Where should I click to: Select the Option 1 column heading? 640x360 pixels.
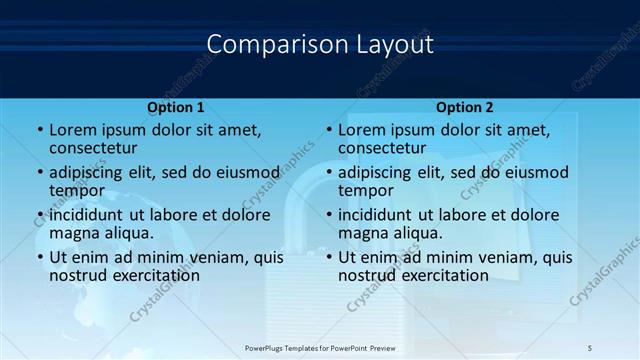(175, 107)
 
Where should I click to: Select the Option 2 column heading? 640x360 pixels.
(464, 107)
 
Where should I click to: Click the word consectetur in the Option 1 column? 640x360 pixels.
(99, 148)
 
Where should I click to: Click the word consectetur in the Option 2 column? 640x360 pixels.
(388, 148)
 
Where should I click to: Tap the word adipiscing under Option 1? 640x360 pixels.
(91, 172)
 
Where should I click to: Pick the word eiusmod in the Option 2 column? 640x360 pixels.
(534, 172)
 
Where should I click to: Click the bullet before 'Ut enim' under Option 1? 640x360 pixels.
(40, 257)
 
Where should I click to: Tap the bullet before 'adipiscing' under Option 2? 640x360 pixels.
(329, 172)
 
